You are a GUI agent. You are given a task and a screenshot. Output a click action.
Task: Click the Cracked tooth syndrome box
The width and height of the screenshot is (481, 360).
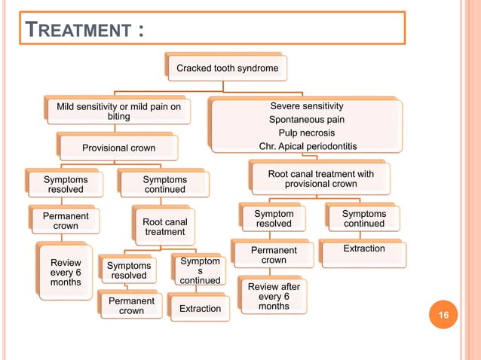227,69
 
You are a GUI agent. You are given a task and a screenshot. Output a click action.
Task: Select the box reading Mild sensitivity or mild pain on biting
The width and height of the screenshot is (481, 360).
119,112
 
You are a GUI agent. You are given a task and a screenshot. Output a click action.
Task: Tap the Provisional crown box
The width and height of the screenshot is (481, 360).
118,148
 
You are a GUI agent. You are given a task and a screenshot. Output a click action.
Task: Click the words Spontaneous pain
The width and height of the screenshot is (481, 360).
307,120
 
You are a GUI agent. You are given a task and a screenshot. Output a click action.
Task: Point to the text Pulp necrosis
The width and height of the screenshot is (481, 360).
307,133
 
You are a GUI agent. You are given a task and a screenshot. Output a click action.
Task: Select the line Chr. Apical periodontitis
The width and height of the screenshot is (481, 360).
307,146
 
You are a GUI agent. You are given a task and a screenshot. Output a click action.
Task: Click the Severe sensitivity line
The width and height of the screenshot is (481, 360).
307,106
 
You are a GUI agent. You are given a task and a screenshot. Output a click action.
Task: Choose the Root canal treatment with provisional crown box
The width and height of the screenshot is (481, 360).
320,179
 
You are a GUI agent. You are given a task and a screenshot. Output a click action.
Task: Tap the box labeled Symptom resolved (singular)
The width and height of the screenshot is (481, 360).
274,219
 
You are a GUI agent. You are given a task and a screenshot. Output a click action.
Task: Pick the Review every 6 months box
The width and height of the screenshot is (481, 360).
65,272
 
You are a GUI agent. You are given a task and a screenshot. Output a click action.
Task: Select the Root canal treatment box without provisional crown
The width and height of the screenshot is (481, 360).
165,226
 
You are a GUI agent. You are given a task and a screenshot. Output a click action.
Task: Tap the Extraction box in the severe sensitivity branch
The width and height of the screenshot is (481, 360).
363,249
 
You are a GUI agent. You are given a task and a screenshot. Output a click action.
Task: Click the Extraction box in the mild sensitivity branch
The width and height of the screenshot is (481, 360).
200,309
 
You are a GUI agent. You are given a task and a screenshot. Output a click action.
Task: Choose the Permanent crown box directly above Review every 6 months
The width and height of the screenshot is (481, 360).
66,221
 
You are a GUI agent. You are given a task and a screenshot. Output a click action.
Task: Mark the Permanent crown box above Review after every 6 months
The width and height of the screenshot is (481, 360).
274,255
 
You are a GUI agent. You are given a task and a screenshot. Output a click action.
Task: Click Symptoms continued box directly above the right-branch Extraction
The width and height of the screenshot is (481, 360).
363,219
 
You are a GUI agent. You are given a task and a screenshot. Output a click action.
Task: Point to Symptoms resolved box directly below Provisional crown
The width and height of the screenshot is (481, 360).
66,185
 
